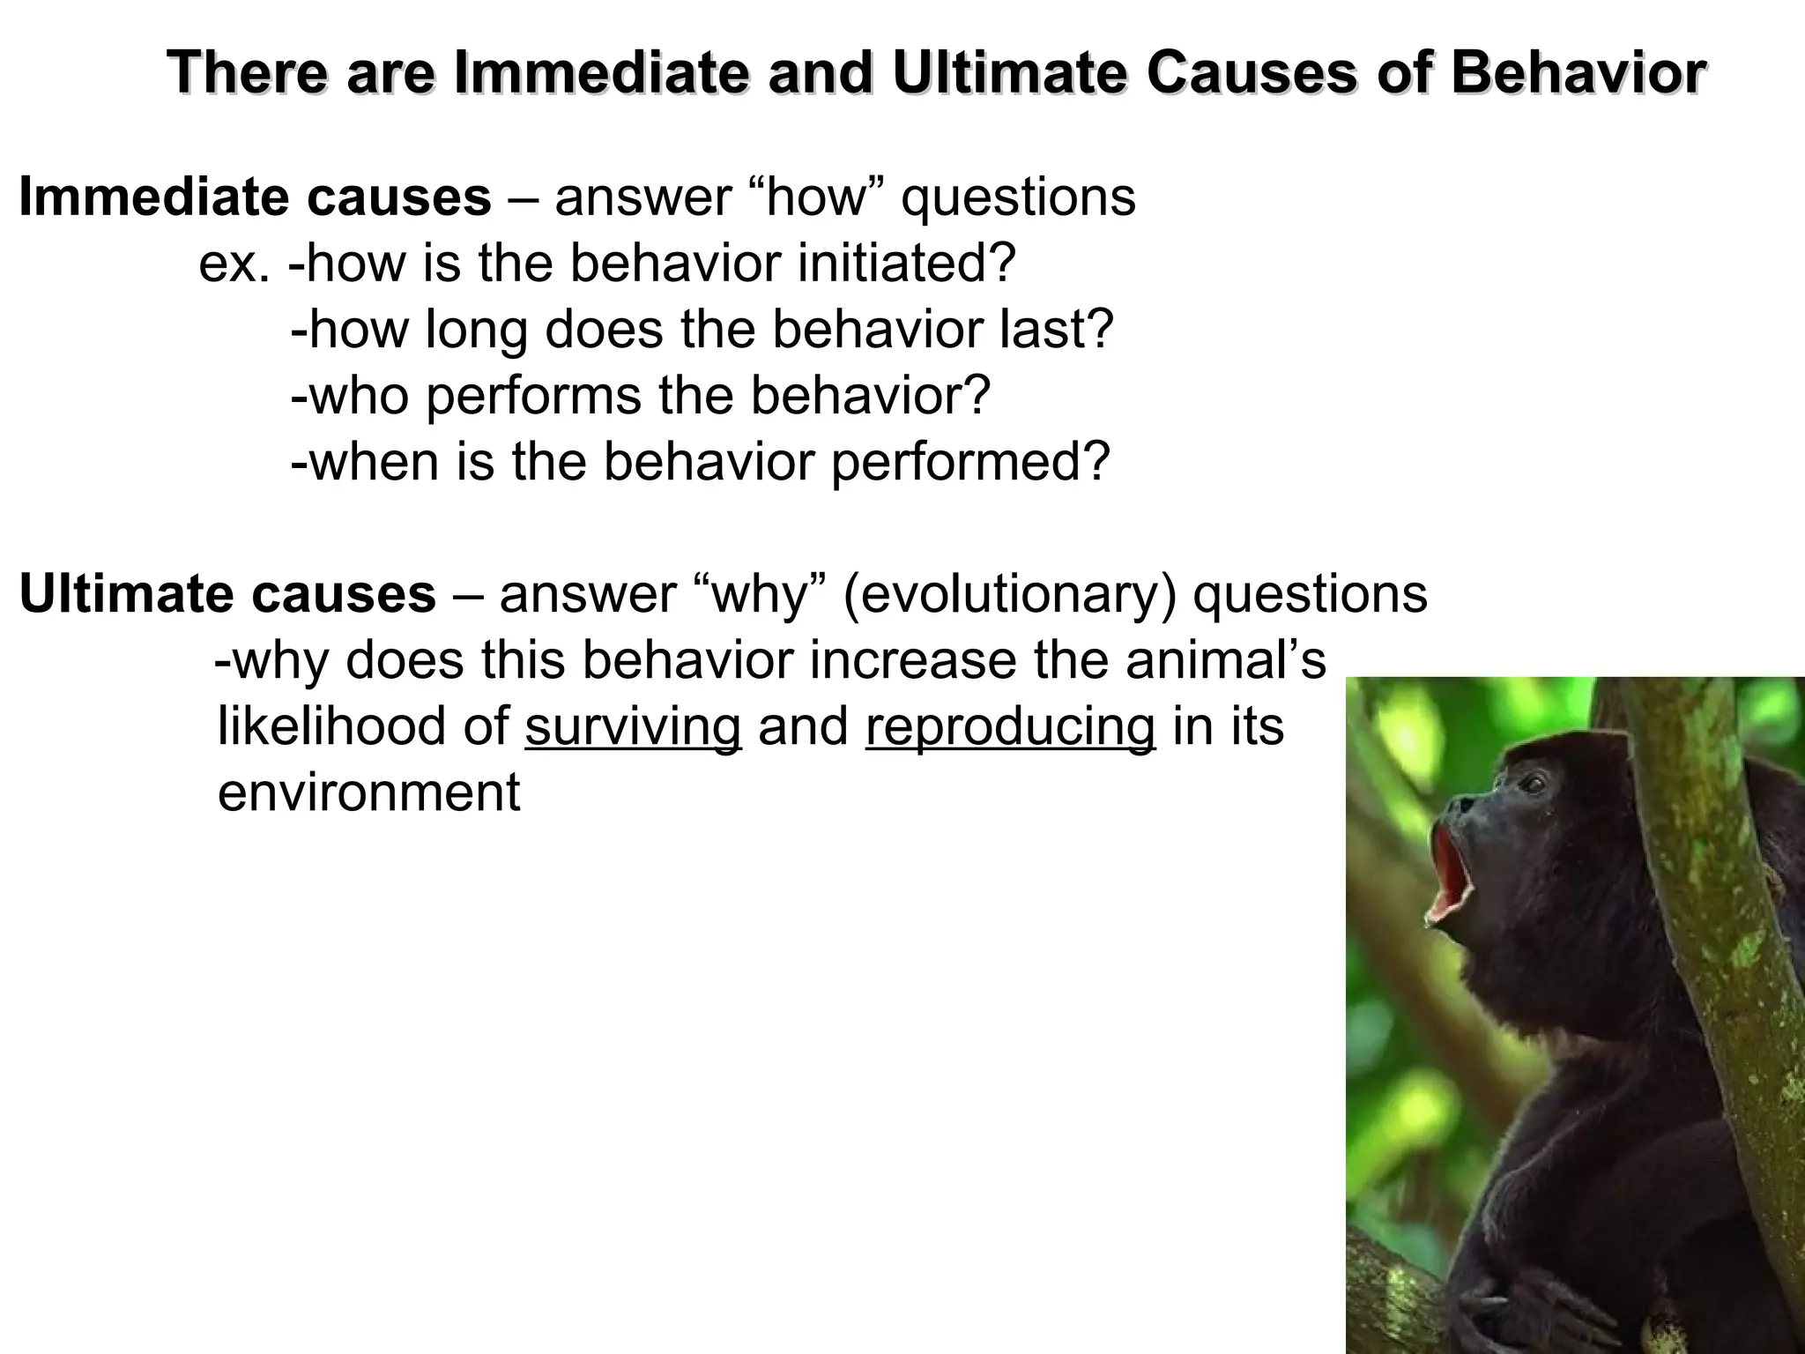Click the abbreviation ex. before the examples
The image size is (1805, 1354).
(234, 263)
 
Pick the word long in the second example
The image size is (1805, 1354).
(476, 329)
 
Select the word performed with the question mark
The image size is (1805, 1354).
(969, 462)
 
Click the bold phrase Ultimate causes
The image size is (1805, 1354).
(227, 593)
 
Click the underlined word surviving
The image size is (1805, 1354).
(633, 726)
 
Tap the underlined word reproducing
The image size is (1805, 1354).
(1010, 726)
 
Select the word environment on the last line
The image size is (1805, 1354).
(368, 792)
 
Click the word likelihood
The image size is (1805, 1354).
(362, 726)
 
